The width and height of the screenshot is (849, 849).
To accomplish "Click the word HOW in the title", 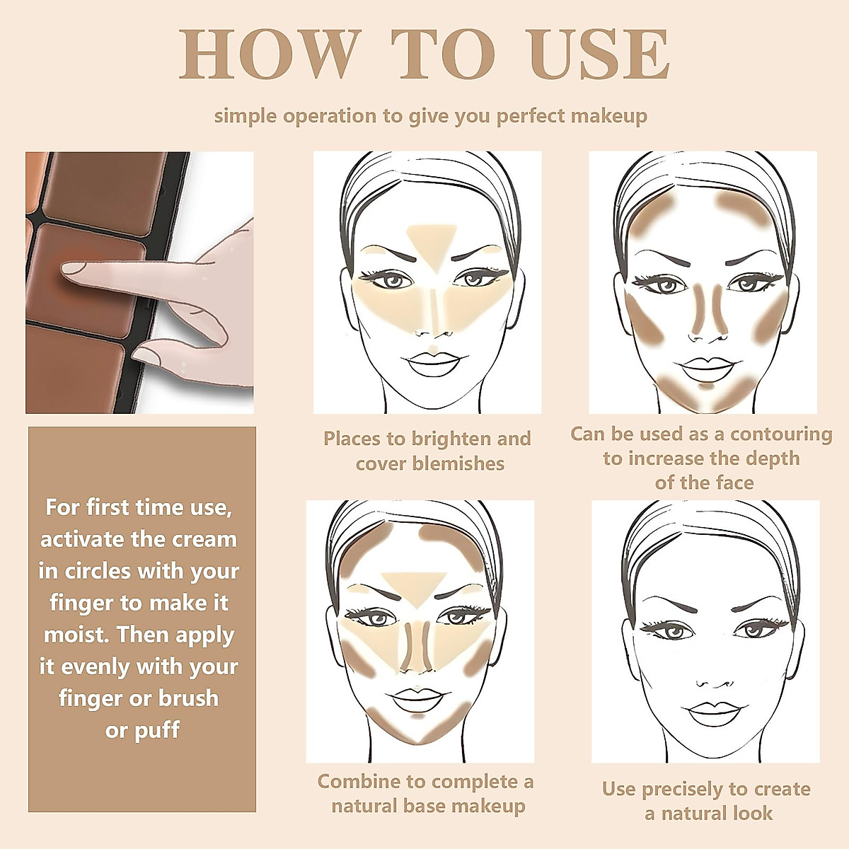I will [x=270, y=54].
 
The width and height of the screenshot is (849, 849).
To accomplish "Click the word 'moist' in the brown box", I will [x=77, y=635].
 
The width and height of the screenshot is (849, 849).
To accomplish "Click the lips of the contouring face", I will [x=705, y=366].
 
